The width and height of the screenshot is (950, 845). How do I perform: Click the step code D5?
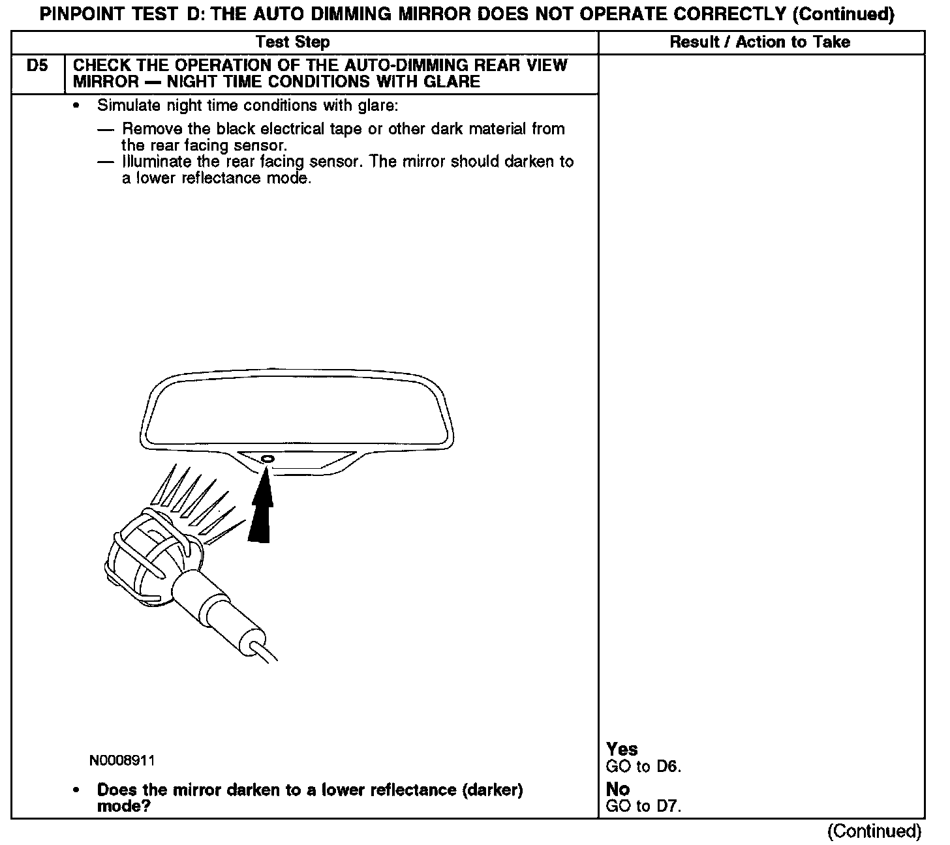point(38,66)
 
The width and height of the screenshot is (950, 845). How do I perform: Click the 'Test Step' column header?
point(293,42)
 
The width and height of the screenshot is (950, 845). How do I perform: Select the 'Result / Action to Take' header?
point(760,42)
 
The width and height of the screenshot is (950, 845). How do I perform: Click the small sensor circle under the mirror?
point(268,460)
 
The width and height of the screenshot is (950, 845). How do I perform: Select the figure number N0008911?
point(123,761)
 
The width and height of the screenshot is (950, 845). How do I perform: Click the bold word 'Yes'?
point(622,749)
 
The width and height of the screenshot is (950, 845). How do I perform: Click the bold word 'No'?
point(617,790)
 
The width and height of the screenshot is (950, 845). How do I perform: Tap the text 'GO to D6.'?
point(643,767)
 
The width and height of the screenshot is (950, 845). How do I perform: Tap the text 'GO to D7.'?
point(643,807)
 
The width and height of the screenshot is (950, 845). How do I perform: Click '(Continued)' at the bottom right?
point(874,831)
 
